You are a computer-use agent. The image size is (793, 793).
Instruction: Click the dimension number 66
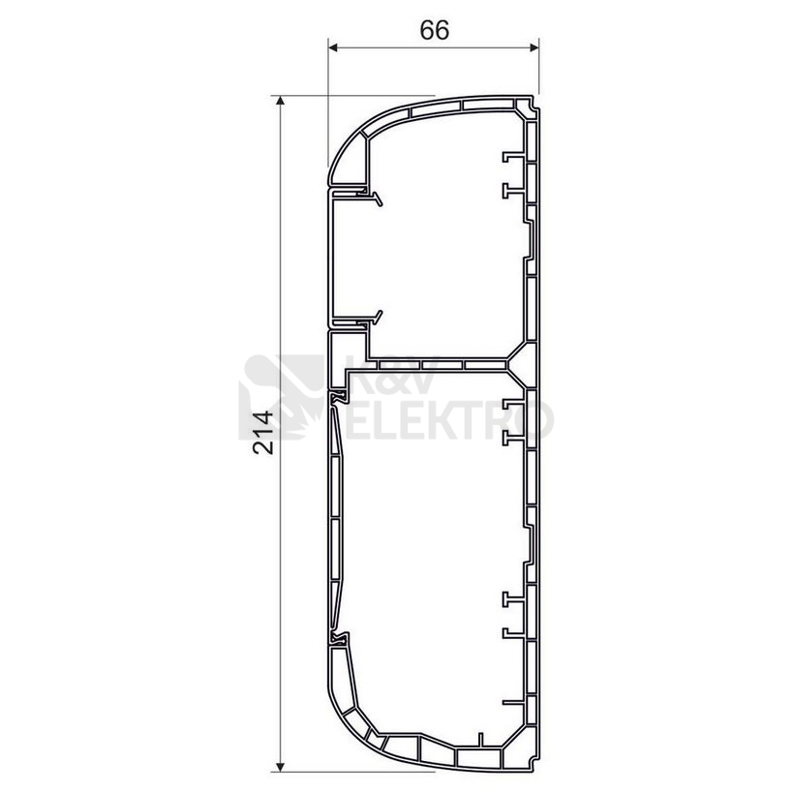click(435, 30)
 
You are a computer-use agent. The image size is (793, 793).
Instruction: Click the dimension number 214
click(263, 433)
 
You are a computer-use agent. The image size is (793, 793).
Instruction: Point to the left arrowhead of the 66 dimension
click(333, 47)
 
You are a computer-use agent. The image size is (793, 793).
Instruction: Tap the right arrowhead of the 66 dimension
click(534, 47)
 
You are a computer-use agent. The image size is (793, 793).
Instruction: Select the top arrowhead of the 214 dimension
click(280, 100)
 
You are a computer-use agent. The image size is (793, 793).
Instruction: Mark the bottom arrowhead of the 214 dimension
click(280, 767)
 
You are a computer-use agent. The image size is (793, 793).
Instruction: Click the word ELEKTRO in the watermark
click(449, 420)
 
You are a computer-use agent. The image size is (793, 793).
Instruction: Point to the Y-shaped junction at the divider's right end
click(521, 363)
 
